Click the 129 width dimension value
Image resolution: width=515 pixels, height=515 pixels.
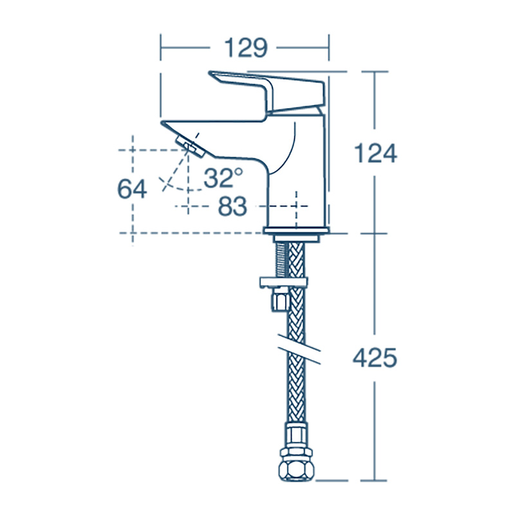click(x=245, y=48)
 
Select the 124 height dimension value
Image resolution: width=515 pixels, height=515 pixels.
click(x=375, y=153)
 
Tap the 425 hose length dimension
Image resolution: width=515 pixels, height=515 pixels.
click(x=375, y=358)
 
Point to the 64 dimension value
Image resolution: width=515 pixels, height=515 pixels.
click(x=132, y=189)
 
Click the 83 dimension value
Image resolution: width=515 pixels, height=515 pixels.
click(x=232, y=207)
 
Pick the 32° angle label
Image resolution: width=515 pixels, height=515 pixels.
click(x=223, y=177)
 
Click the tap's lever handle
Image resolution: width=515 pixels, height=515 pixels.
click(x=270, y=90)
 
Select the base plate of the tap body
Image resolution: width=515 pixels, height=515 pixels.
click(x=297, y=230)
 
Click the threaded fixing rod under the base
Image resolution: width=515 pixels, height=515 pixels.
click(x=281, y=257)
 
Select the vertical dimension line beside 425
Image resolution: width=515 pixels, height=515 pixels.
click(x=375, y=412)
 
